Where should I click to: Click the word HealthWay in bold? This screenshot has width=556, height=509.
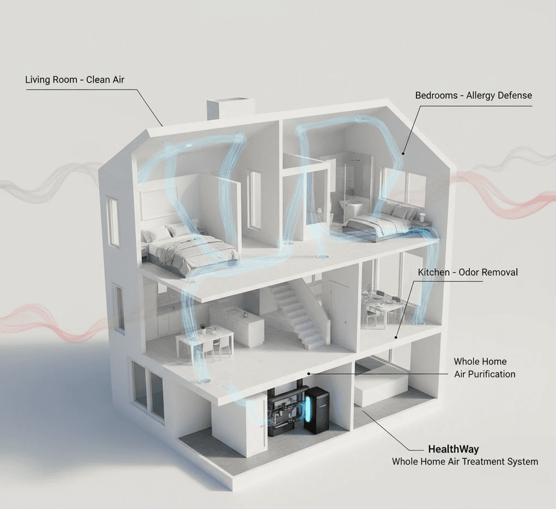pos(453,450)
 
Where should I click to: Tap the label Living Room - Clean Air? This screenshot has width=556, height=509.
pos(75,80)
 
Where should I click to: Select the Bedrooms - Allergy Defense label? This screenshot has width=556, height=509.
pos(473,95)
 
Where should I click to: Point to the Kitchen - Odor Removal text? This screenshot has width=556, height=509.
pos(468,272)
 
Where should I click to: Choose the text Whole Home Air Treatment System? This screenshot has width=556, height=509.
pos(465,462)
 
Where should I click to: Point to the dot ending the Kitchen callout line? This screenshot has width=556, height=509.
pos(396,339)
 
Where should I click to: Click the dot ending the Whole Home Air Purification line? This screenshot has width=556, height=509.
pos(309,373)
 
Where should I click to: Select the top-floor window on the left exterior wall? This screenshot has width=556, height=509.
pos(112,221)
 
